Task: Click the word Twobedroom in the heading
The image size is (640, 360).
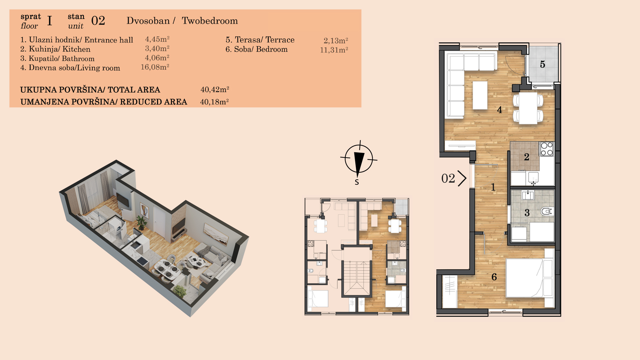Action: pos(210,21)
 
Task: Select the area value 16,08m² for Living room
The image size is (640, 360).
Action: pos(155,67)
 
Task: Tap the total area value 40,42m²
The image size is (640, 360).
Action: pos(215,89)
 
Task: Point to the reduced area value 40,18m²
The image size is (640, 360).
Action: pos(214,102)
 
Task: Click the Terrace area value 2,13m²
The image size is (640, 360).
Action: pos(336,40)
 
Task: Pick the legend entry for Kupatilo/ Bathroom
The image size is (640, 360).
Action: pos(57,58)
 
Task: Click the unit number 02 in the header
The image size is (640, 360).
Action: pos(98,21)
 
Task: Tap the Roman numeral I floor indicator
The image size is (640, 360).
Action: pos(50,21)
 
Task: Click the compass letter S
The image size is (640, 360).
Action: pos(357,182)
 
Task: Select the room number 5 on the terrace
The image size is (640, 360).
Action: pos(542,64)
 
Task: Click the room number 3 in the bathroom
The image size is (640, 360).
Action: pos(527,213)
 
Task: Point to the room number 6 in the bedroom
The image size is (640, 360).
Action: pos(494,277)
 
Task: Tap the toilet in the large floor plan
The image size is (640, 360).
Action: pos(546,211)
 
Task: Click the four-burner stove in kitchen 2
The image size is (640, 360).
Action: pos(547,149)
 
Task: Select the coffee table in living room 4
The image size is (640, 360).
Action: pos(480,95)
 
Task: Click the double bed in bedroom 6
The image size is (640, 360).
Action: pos(530,278)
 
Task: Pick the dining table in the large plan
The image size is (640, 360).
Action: pos(528,108)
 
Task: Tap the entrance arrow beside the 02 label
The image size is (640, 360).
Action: pos(462,178)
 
